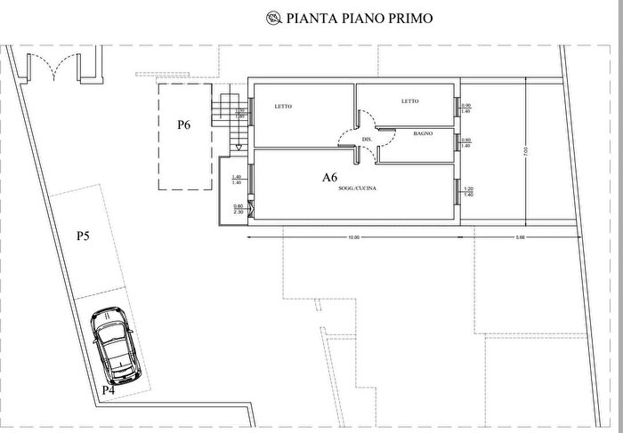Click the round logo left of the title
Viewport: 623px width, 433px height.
(272, 17)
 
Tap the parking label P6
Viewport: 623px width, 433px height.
(183, 125)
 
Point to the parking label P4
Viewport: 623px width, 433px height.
(108, 389)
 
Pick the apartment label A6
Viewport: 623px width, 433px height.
(329, 178)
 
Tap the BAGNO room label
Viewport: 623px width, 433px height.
(423, 132)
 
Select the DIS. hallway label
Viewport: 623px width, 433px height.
(367, 140)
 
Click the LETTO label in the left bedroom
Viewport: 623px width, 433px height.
(284, 107)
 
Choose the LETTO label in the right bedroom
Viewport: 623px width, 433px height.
(409, 101)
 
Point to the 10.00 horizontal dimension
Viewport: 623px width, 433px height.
(353, 237)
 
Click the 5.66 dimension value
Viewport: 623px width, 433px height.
(522, 237)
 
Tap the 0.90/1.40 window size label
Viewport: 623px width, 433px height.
(466, 109)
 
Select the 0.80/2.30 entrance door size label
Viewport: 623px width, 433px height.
(238, 209)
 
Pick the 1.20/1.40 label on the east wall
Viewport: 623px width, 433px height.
(467, 191)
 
